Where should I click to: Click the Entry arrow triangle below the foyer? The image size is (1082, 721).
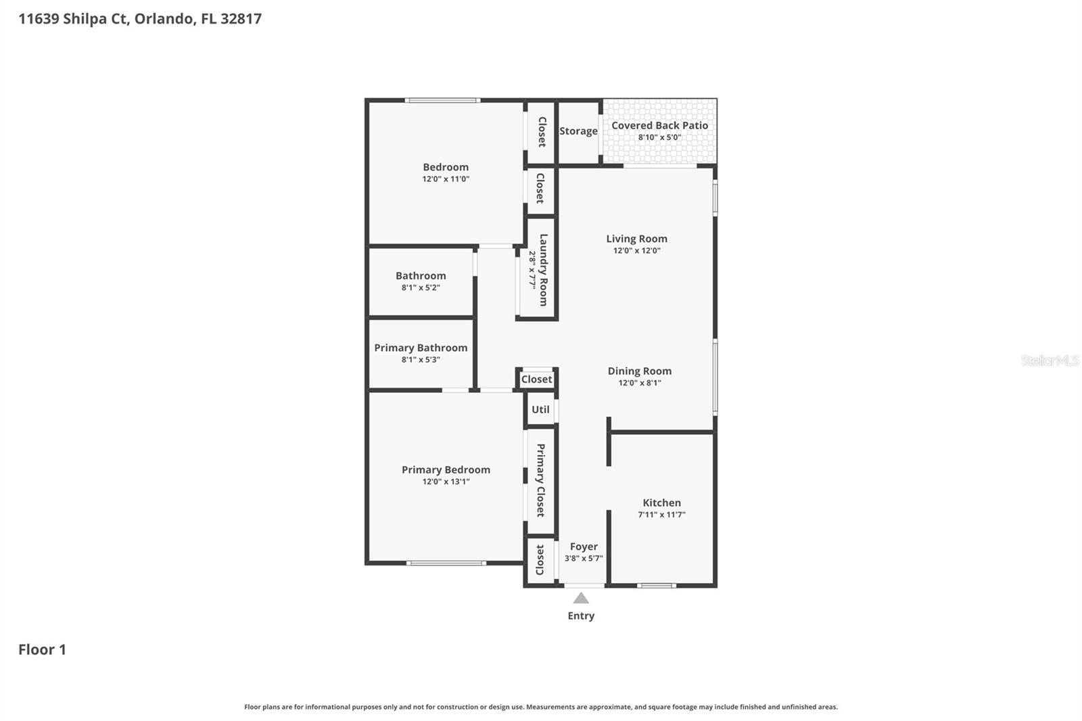click(581, 598)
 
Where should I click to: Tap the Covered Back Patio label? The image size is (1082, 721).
click(659, 126)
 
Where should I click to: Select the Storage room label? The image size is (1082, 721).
click(578, 131)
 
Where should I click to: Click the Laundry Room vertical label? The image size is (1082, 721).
click(543, 270)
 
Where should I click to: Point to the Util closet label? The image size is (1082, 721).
click(540, 410)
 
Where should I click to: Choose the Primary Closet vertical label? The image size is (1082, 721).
click(540, 480)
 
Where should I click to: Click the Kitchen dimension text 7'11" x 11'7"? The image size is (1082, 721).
click(661, 515)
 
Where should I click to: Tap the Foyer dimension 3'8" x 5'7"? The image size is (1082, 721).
click(584, 559)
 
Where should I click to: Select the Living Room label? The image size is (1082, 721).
click(636, 239)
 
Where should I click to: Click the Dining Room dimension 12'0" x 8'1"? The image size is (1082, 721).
click(639, 383)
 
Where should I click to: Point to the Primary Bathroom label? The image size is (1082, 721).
click(421, 348)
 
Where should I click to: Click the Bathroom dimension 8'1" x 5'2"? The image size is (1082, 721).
click(421, 287)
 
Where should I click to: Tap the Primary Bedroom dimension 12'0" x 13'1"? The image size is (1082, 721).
click(446, 482)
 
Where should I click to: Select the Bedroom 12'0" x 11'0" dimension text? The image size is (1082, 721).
click(446, 179)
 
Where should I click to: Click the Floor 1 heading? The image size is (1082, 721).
click(42, 649)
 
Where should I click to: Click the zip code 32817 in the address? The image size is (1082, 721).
click(241, 19)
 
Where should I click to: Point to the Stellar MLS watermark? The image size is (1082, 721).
click(1050, 360)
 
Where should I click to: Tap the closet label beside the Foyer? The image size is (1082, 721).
click(540, 560)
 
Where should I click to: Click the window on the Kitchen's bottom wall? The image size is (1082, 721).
click(657, 585)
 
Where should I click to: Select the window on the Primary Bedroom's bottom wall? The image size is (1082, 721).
click(446, 563)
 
